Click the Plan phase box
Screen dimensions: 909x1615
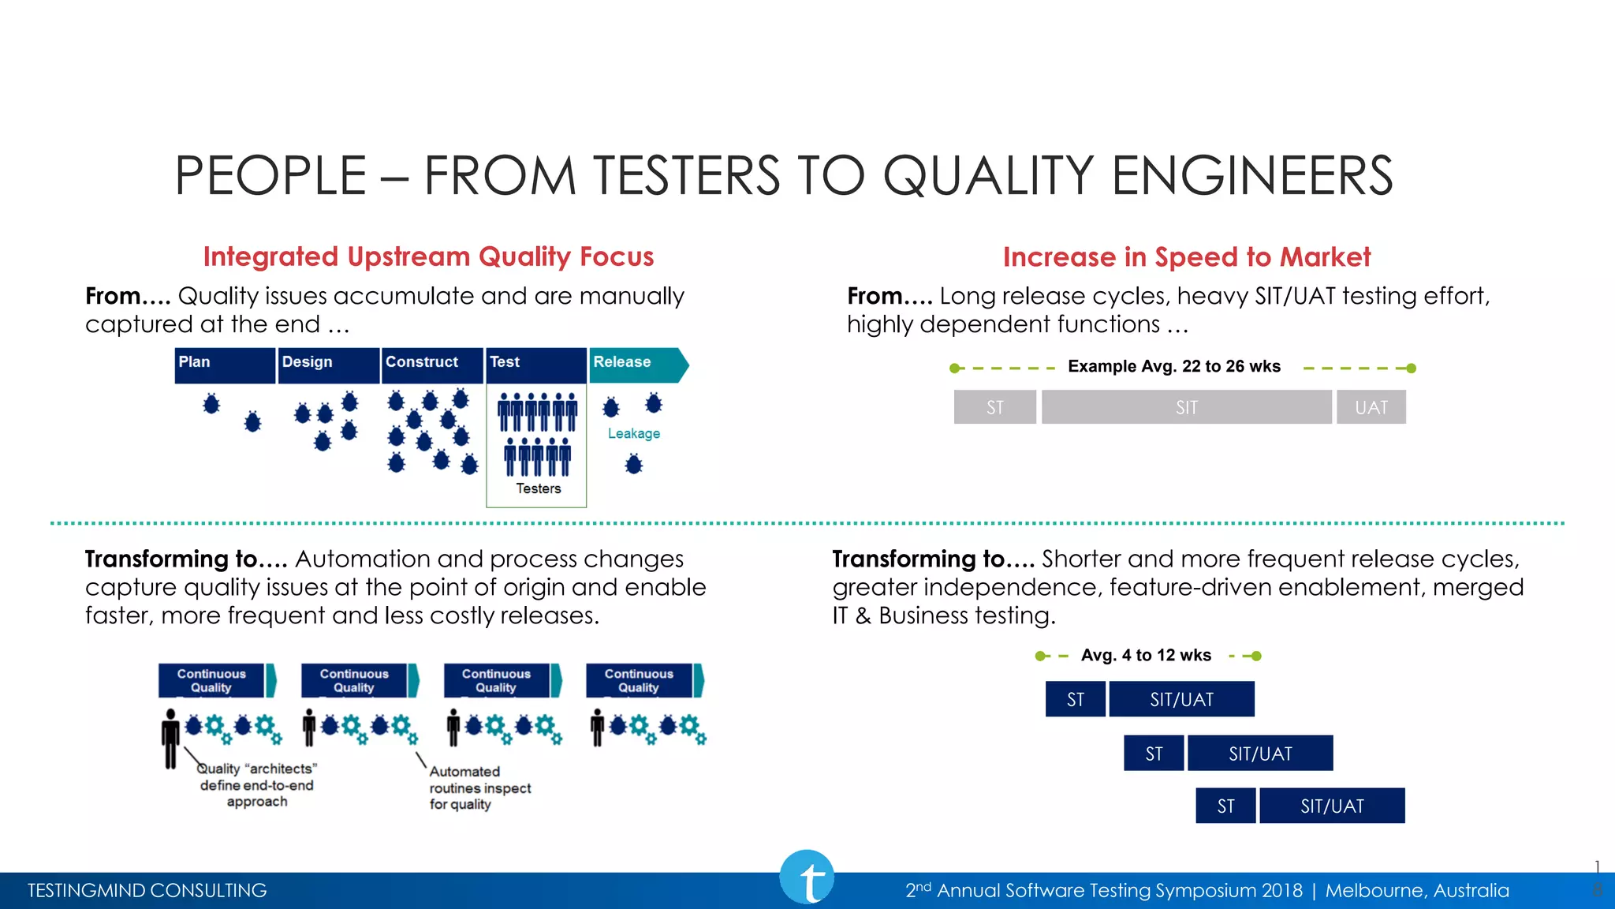coord(225,365)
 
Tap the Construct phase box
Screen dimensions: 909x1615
coord(432,365)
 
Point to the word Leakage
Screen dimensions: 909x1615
coord(633,433)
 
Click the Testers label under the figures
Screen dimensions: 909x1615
coord(539,488)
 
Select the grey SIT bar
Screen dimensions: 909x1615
coord(1186,407)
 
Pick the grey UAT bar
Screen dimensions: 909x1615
coord(1371,407)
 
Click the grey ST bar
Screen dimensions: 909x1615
coord(994,407)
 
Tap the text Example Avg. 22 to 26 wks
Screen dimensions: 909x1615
coord(1173,366)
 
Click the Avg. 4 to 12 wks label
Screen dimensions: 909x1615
coord(1146,655)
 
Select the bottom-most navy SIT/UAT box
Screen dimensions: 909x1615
coord(1332,806)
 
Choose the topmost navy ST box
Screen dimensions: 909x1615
coord(1075,699)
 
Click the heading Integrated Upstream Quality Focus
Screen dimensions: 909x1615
coord(428,256)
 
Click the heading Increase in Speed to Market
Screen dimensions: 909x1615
coord(1186,257)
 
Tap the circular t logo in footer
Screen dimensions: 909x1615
coord(807,877)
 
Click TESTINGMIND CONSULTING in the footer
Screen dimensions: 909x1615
coord(147,890)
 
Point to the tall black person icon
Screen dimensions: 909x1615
coord(170,739)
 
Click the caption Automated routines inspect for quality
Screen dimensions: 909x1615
coord(479,787)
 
